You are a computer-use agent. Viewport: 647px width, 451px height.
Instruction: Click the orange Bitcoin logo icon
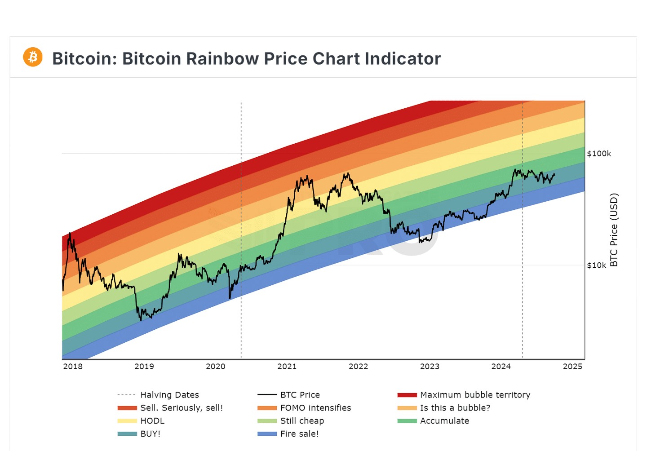coord(33,57)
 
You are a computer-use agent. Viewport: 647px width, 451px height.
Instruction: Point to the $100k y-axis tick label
coord(599,154)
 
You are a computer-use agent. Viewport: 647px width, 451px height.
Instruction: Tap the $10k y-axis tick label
coord(596,265)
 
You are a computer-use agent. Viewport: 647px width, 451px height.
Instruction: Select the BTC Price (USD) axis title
coord(614,230)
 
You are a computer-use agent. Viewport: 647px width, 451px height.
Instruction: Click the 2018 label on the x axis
coord(73,367)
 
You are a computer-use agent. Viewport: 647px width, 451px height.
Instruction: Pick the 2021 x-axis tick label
coord(287,367)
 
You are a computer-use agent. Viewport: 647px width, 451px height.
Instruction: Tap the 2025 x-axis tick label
coord(572,367)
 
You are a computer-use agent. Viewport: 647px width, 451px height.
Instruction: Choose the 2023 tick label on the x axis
coord(430,367)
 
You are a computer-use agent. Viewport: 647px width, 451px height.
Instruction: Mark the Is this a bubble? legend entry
coord(455,408)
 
